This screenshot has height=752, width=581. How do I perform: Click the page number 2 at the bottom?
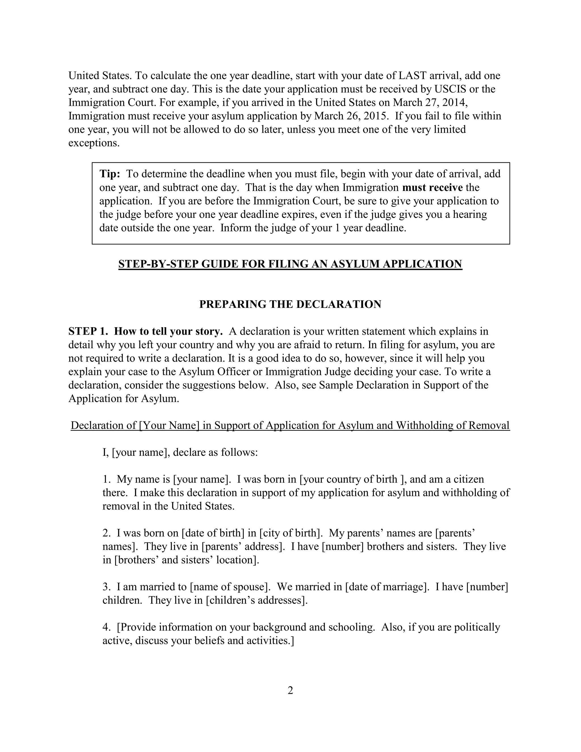[x=290, y=690]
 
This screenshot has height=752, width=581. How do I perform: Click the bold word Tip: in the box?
[x=110, y=174]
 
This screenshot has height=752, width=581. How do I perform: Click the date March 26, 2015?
[x=351, y=116]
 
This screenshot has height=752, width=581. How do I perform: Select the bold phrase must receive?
[x=432, y=187]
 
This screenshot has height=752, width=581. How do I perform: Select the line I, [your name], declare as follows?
[x=180, y=452]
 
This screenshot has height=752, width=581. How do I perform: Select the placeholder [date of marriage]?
[x=387, y=587]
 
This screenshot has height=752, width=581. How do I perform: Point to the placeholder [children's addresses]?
[x=256, y=600]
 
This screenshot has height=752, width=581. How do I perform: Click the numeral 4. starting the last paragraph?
[x=106, y=627]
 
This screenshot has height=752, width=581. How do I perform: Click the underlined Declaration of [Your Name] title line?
[x=290, y=425]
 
